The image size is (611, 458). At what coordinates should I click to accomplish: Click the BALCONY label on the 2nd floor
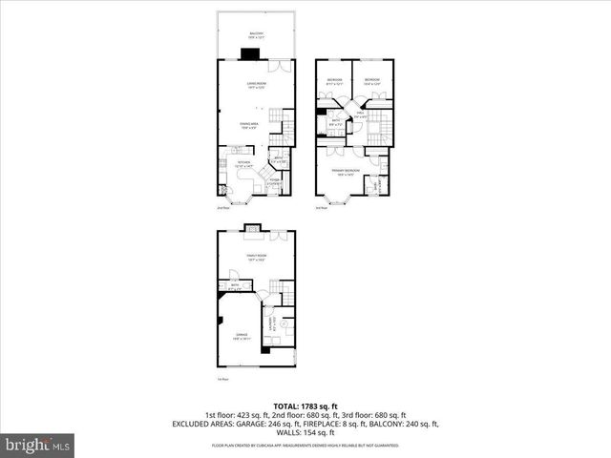tap(256, 34)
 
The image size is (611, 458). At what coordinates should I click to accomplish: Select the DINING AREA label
tap(250, 124)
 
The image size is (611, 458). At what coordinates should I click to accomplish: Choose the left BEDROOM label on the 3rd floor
tap(334, 80)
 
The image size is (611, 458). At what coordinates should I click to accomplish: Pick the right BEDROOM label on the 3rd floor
tap(371, 80)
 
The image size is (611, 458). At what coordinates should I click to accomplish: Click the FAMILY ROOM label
tap(255, 257)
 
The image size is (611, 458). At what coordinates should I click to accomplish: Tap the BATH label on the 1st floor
tap(235, 285)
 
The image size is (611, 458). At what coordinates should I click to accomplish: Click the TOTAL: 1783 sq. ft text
tap(305, 406)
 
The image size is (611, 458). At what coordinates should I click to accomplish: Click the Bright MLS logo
tap(37, 445)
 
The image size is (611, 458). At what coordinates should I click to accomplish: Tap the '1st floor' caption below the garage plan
tap(221, 379)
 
